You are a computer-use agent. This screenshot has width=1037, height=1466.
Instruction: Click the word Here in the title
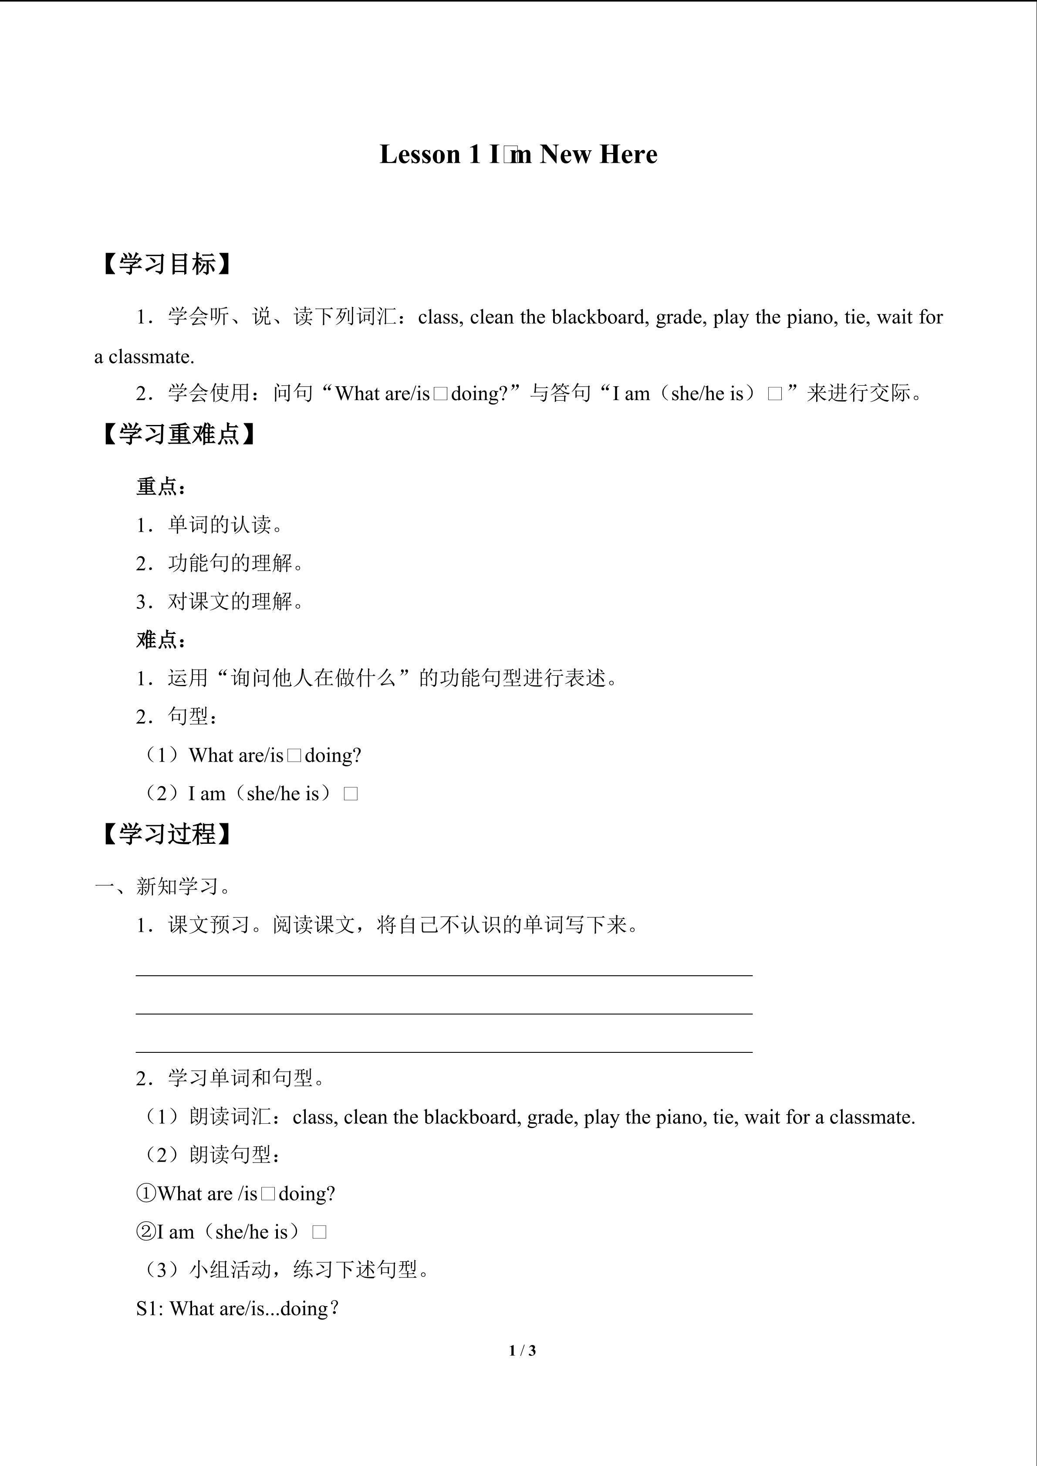coord(628,155)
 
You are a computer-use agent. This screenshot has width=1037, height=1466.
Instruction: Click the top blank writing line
coord(444,975)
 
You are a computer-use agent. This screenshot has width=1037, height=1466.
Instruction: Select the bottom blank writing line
coord(444,1051)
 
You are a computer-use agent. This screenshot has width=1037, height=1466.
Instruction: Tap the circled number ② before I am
coord(146,1232)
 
